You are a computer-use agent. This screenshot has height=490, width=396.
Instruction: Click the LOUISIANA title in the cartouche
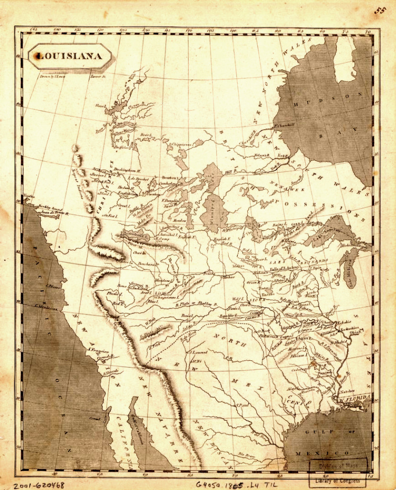(x=70, y=56)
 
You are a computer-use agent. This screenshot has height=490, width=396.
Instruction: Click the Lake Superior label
(x=325, y=234)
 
